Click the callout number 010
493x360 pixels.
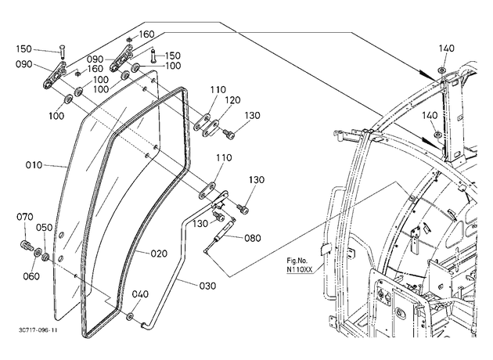pyautogui.click(x=34, y=165)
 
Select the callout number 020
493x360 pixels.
pyautogui.click(x=159, y=254)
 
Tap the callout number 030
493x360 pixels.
pyautogui.click(x=207, y=286)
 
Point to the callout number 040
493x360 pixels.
pyautogui.click(x=140, y=294)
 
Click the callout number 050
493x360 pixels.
pyautogui.click(x=45, y=227)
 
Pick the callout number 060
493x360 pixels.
pyautogui.click(x=31, y=276)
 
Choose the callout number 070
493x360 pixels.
pyautogui.click(x=25, y=217)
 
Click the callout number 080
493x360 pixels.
pyautogui.click(x=253, y=238)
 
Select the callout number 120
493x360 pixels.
pyautogui.click(x=232, y=100)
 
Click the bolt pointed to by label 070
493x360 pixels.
pyautogui.click(x=26, y=245)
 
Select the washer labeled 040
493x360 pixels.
pyautogui.click(x=130, y=316)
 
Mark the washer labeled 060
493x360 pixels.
pyautogui.click(x=38, y=251)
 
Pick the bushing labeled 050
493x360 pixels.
pyautogui.click(x=45, y=256)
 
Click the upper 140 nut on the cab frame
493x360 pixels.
pyautogui.click(x=441, y=70)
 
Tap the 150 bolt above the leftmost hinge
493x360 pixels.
pyautogui.click(x=62, y=51)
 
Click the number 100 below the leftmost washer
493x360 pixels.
pyautogui.click(x=56, y=116)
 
